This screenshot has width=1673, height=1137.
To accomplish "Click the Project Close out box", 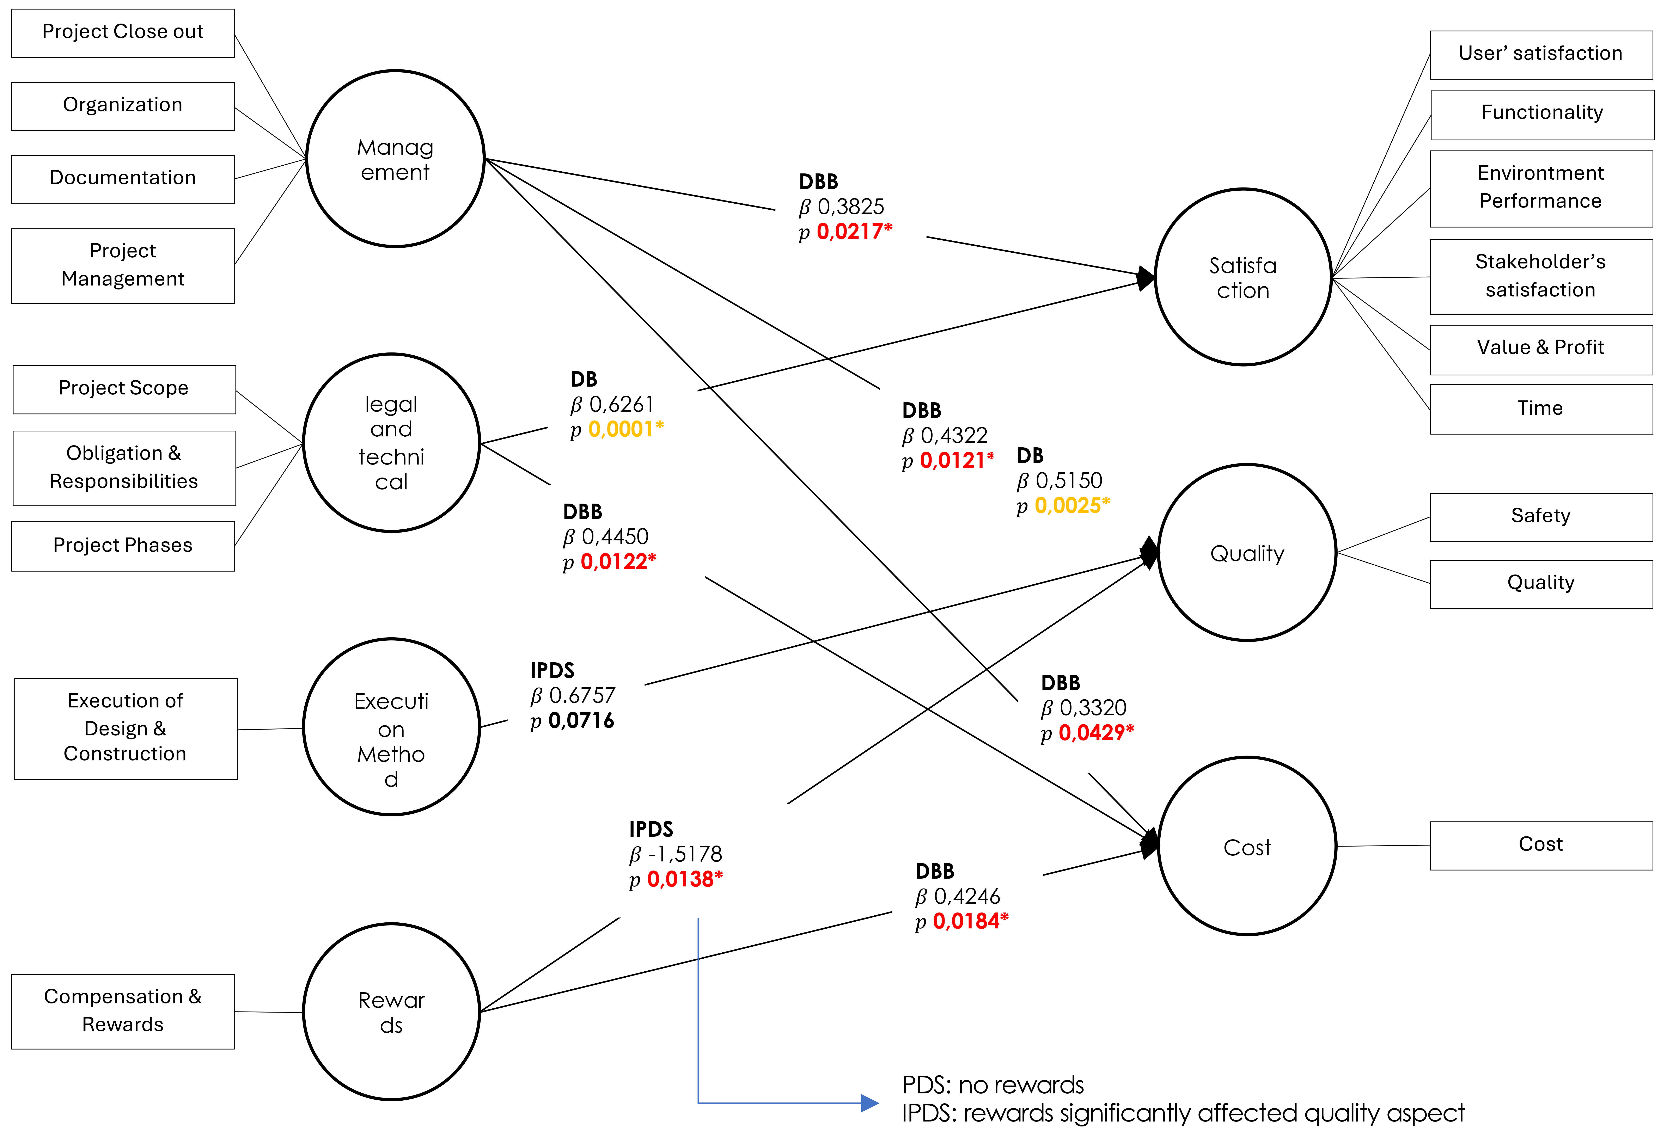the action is [x=122, y=33].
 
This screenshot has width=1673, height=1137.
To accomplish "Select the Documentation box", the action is [x=122, y=179].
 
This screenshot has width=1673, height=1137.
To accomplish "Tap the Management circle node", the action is [x=395, y=158].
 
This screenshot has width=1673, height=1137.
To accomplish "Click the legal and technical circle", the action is [x=392, y=443].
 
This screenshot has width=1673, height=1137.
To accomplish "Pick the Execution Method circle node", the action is [x=392, y=727].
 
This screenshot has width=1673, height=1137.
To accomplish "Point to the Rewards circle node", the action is [x=392, y=1012].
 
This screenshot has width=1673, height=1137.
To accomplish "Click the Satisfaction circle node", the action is [x=1243, y=277].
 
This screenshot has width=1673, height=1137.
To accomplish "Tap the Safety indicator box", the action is [x=1541, y=517].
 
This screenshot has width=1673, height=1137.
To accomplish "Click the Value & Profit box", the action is [x=1541, y=350].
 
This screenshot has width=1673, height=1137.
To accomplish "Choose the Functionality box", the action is [x=1543, y=114].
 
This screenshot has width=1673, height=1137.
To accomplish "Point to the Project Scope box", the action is [x=124, y=389].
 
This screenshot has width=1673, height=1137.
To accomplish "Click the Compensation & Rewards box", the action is [x=122, y=1011].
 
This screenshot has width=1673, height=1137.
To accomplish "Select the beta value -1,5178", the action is [x=685, y=854].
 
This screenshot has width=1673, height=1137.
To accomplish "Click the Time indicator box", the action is [x=1541, y=409].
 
